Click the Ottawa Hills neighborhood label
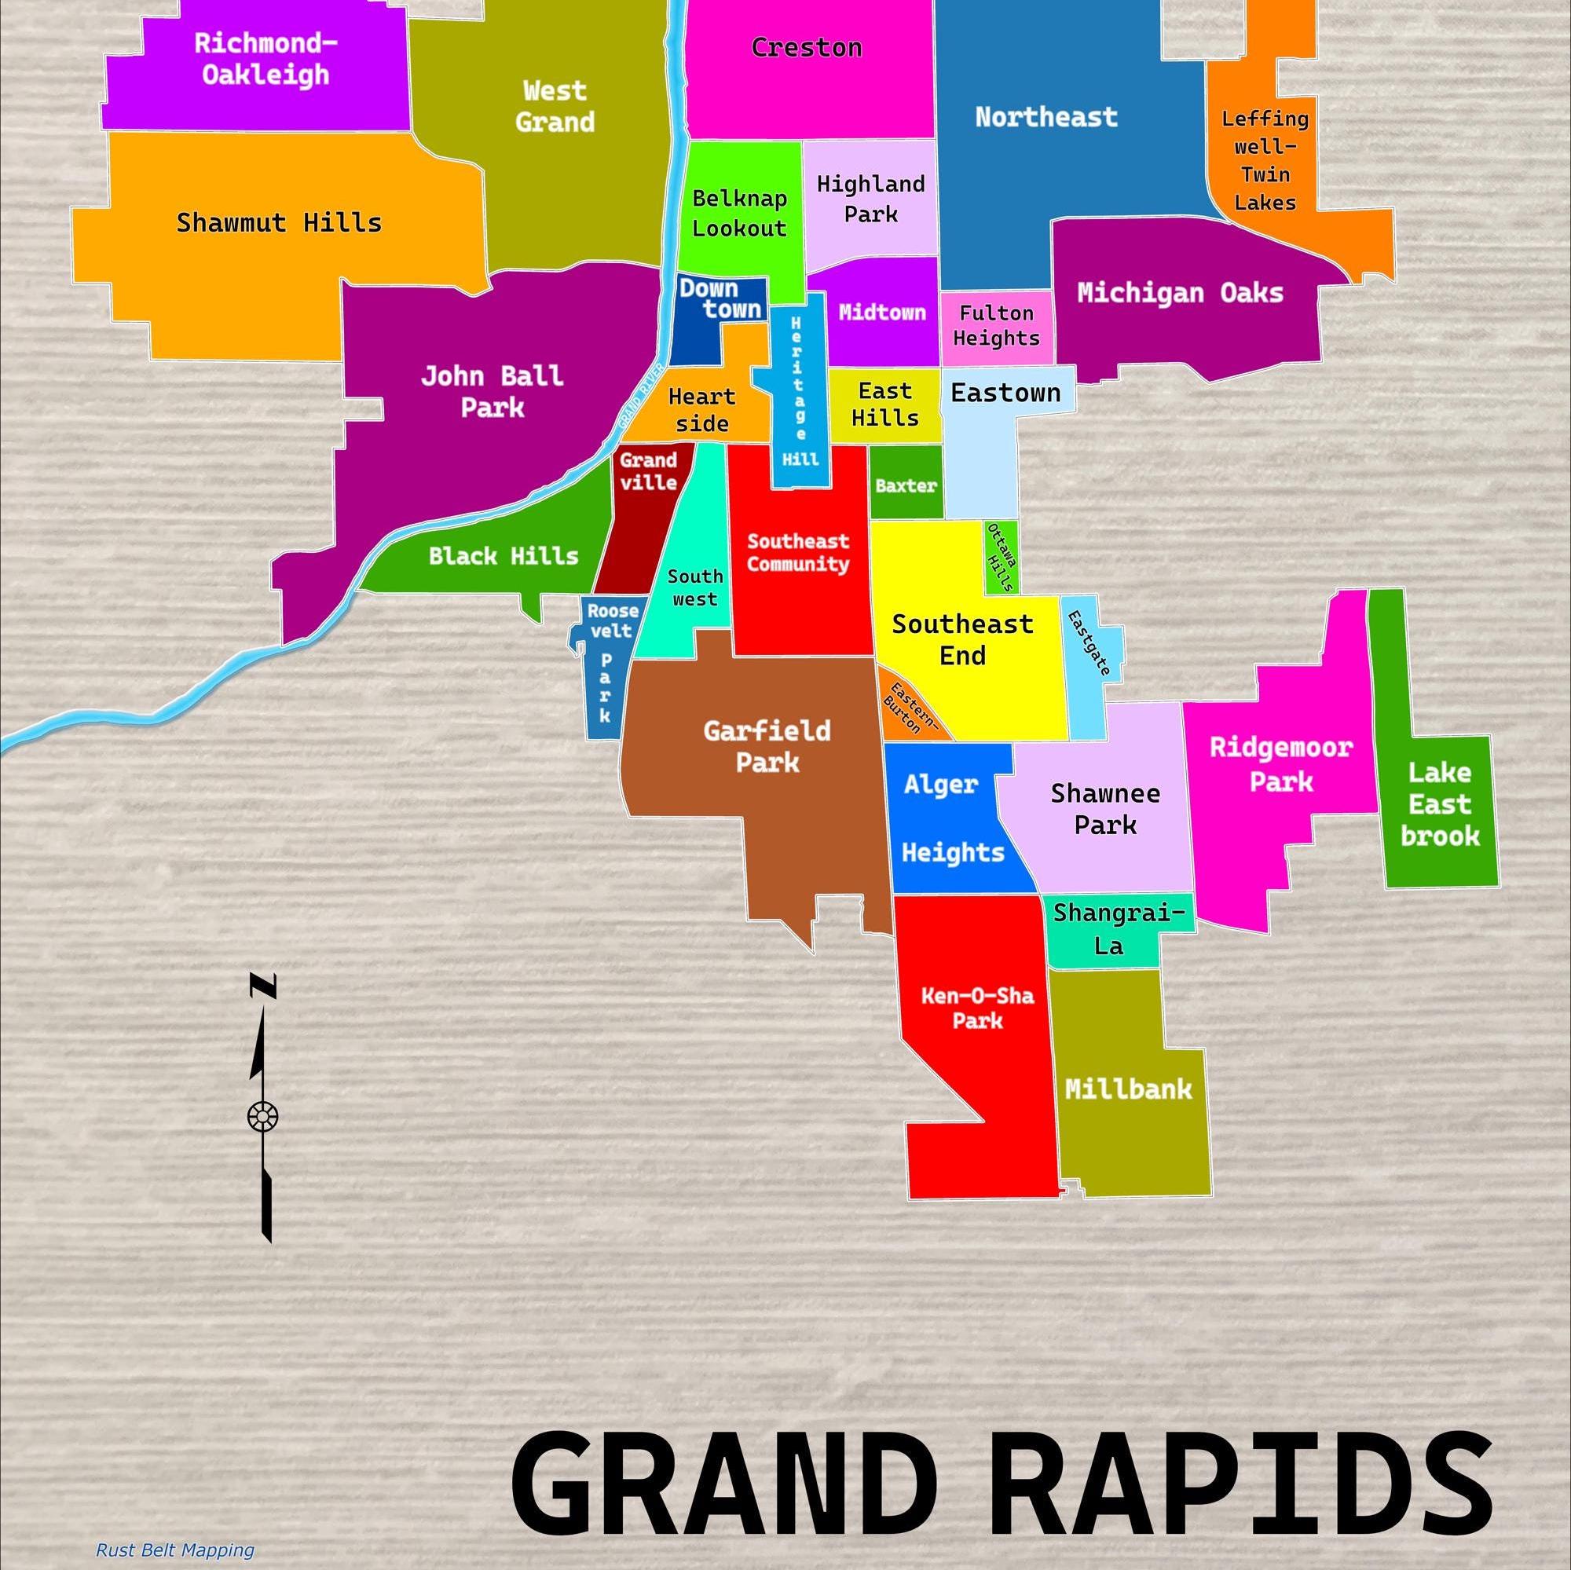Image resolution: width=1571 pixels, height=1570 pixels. (x=1000, y=558)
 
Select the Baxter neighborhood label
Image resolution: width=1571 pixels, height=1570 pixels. (x=906, y=486)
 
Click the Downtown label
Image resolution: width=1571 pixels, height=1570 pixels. (x=720, y=298)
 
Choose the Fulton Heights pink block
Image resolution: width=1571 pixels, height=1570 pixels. (x=996, y=326)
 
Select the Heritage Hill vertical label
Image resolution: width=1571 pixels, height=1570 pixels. (x=799, y=390)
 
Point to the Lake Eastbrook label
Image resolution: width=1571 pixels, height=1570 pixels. (x=1439, y=804)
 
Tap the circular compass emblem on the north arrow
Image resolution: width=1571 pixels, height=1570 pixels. (x=262, y=1115)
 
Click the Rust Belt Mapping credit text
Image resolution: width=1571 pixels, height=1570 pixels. (x=175, y=1550)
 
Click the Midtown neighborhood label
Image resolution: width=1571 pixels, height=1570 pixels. (x=882, y=313)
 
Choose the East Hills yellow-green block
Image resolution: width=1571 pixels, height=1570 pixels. (x=884, y=404)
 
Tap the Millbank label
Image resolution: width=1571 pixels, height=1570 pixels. (x=1128, y=1089)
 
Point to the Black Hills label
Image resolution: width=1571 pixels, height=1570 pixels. (x=504, y=556)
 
